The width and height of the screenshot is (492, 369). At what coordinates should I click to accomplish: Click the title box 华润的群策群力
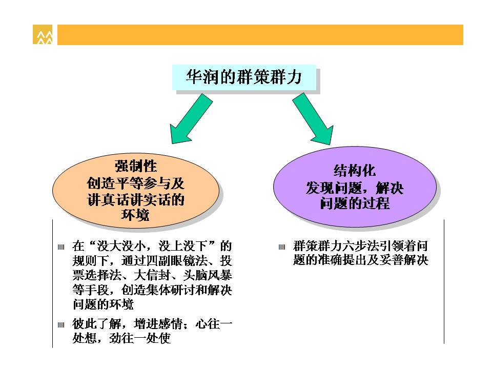click(x=244, y=77)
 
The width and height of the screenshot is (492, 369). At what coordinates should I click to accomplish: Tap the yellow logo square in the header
click(x=43, y=34)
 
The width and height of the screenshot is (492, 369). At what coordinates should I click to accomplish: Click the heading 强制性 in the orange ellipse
click(x=135, y=166)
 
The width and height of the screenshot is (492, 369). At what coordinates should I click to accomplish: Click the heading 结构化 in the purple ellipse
click(x=355, y=170)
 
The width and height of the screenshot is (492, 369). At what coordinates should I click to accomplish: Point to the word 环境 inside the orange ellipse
click(x=135, y=215)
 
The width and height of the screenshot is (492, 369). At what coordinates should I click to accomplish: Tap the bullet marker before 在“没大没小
click(x=61, y=247)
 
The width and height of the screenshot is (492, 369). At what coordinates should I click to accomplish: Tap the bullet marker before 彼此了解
click(x=61, y=325)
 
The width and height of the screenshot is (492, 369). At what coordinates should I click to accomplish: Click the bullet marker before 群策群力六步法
click(x=282, y=247)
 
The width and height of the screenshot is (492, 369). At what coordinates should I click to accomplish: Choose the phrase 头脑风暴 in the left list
click(x=208, y=275)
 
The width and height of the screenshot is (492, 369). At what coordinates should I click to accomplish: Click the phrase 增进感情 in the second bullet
click(x=158, y=323)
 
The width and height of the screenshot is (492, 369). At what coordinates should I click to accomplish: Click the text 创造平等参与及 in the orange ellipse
click(x=135, y=183)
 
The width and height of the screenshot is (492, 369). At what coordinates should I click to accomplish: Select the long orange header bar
click(x=260, y=34)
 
